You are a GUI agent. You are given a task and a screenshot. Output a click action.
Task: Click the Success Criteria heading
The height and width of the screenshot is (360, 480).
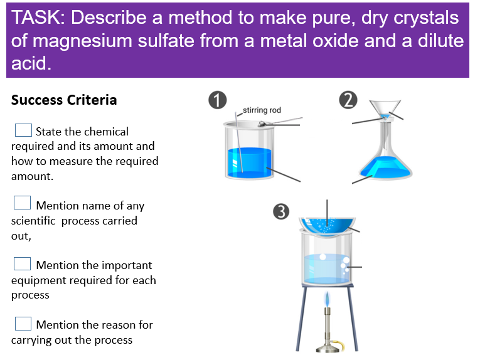point(64,100)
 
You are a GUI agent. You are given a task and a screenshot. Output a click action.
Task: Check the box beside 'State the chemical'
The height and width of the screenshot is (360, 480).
point(23,130)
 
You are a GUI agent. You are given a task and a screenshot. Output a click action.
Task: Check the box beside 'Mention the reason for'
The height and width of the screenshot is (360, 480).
point(23,323)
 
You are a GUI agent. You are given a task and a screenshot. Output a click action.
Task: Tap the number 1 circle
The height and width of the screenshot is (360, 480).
point(217,101)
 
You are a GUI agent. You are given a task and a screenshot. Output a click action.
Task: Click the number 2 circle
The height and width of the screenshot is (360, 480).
point(348,100)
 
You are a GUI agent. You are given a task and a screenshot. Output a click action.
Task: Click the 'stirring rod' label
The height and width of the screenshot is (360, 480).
point(262,110)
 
